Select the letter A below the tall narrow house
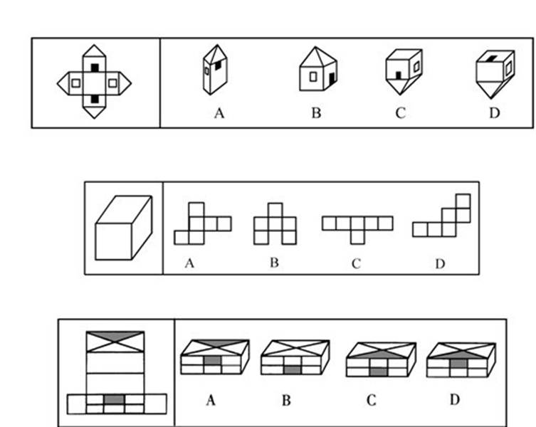pyautogui.click(x=219, y=113)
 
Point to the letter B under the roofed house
pyautogui.click(x=315, y=113)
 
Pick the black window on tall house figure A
pyautogui.click(x=214, y=68)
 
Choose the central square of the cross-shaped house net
pyautogui.click(x=95, y=83)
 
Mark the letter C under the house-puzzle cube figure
pyautogui.click(x=400, y=113)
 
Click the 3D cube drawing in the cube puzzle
pyautogui.click(x=124, y=227)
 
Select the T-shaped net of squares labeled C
pyautogui.click(x=357, y=228)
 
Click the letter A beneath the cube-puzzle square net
pyautogui.click(x=189, y=263)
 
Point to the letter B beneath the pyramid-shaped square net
pyautogui.click(x=274, y=263)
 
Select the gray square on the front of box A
pyautogui.click(x=211, y=362)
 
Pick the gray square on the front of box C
pyautogui.click(x=379, y=370)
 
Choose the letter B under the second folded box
pyautogui.click(x=285, y=401)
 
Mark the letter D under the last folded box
pyautogui.click(x=454, y=400)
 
